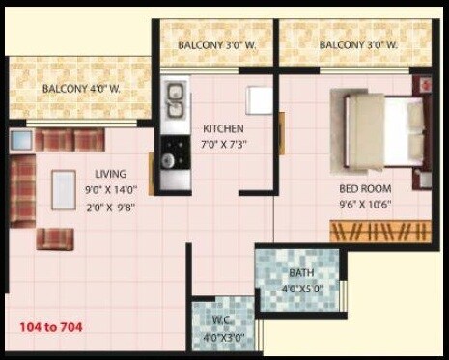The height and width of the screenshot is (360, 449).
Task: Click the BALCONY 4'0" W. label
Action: pyautogui.click(x=81, y=90)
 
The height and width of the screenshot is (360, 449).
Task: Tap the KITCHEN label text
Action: pyautogui.click(x=222, y=128)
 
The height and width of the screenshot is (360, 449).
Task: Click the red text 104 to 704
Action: pyautogui.click(x=50, y=327)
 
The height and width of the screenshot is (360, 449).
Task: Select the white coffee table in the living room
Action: pyautogui.click(x=65, y=189)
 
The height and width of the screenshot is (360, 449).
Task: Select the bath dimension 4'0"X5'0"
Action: pyautogui.click(x=299, y=287)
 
